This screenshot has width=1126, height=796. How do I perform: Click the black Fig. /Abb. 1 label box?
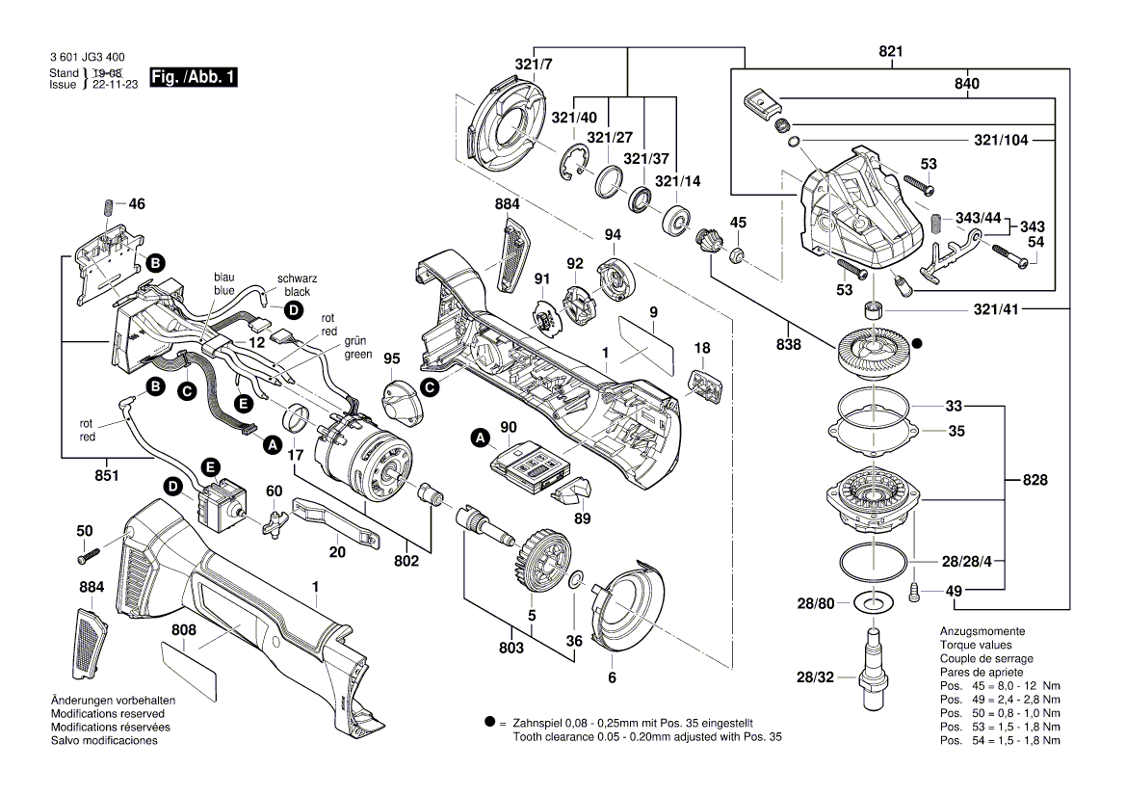click(193, 77)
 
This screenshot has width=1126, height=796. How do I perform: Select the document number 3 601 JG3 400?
click(87, 59)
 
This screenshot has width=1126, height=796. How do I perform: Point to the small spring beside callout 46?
click(108, 206)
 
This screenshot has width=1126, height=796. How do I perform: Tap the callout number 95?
click(391, 358)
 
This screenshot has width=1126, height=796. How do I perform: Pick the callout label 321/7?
click(534, 65)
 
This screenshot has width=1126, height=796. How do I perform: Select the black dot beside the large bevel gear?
click(918, 342)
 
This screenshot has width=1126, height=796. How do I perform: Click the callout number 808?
click(184, 630)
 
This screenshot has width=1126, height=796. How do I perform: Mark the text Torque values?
click(975, 645)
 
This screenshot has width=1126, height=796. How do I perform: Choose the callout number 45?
click(738, 223)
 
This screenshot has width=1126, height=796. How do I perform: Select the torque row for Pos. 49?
click(1000, 699)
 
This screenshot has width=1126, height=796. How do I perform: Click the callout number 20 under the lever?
click(337, 552)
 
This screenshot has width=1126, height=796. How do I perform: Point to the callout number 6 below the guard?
click(611, 677)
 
